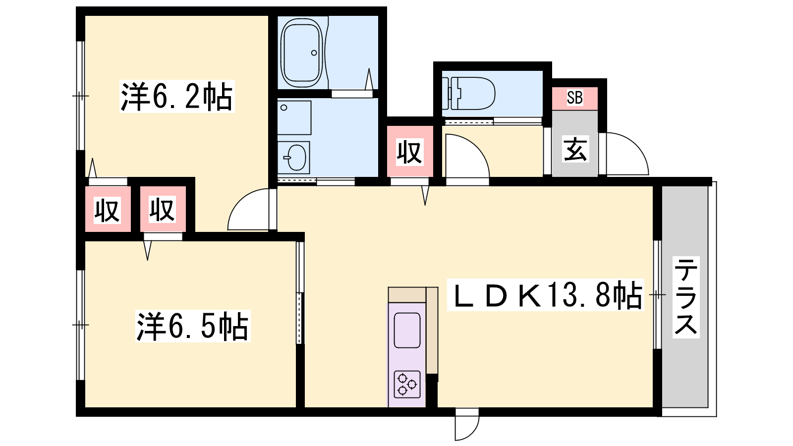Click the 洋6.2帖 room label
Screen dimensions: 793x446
177,96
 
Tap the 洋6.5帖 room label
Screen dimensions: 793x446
193,326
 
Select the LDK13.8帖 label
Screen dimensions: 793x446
546,295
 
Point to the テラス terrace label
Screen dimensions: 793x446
686,297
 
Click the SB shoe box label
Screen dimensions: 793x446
574,98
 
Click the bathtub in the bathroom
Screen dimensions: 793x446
302,53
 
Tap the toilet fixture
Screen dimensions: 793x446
468,94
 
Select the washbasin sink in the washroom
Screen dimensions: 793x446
293,158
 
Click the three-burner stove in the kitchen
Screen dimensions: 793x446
407,385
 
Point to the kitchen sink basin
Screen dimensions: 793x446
407,330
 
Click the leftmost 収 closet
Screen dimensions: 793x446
107,210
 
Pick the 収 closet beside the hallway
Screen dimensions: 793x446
409,152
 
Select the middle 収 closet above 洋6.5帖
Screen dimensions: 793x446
163,209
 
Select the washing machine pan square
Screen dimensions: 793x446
294,117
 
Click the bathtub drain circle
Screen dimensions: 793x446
314,53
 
